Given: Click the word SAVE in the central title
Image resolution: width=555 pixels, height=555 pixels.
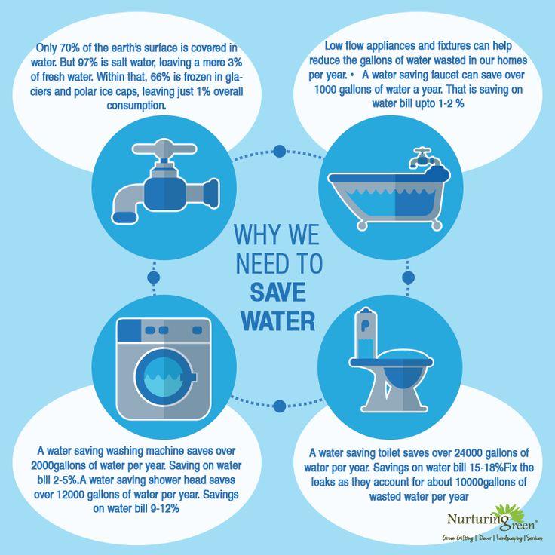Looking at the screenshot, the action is pos(277,293).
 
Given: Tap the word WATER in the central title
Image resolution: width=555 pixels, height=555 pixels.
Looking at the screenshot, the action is pos(277,321).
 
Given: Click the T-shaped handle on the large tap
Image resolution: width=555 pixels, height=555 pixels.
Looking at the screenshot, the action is pos(164,149).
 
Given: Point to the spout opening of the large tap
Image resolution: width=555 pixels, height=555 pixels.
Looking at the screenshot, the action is pos(124,216).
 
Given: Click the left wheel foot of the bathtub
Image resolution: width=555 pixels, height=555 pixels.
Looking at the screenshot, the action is pos(362,225).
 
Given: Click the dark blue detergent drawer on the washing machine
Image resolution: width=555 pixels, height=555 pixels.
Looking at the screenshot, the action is pos(129,330).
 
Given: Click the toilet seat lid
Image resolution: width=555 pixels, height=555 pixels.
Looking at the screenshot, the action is pos(391,362).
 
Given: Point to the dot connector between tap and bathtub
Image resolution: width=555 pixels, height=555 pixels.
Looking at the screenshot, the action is pos(280,151).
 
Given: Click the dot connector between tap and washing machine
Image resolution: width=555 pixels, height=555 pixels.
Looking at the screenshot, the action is pos(154,277).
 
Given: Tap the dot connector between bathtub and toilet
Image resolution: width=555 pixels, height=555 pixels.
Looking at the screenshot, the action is pos(409,277).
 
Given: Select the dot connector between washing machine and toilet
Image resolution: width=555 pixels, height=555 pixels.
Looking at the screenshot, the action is pos(280,406).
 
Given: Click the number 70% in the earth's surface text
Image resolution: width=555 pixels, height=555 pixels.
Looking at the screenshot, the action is pos(69,48).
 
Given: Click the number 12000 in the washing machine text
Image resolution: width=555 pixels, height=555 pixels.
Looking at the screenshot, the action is pos(70,495).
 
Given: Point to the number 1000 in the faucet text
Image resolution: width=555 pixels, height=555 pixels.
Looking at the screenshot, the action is pos(325,90).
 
